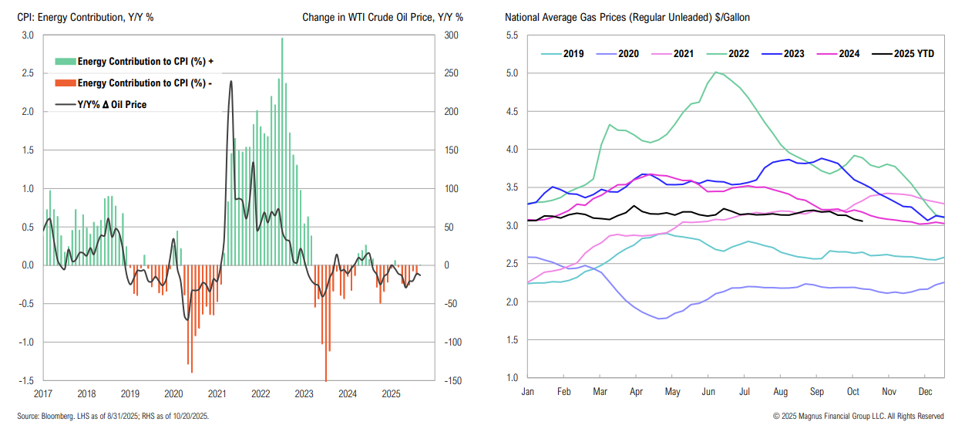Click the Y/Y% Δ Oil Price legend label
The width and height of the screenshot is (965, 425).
coord(112,104)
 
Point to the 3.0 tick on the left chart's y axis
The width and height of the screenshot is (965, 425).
coord(27,35)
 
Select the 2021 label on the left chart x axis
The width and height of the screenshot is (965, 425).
coord(218,393)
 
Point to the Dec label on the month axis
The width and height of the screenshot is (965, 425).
coord(927,393)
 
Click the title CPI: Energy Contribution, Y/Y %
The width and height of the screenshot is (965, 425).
coord(85,17)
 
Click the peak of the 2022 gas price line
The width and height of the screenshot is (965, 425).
coord(716,73)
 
